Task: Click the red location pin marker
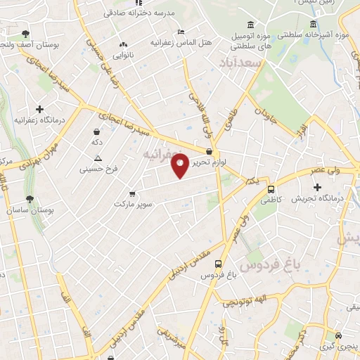point(180,165)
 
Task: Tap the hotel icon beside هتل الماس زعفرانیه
point(181,32)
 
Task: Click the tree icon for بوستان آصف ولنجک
point(26,34)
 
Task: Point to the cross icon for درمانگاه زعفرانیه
point(40,109)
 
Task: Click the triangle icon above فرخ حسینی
point(97,157)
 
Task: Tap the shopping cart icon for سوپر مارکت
point(132,193)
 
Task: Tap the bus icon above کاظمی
point(271,188)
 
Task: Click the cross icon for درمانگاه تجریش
point(318,187)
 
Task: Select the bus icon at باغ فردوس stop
point(217,264)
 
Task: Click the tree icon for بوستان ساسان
point(30,200)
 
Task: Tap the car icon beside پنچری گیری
point(339,335)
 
